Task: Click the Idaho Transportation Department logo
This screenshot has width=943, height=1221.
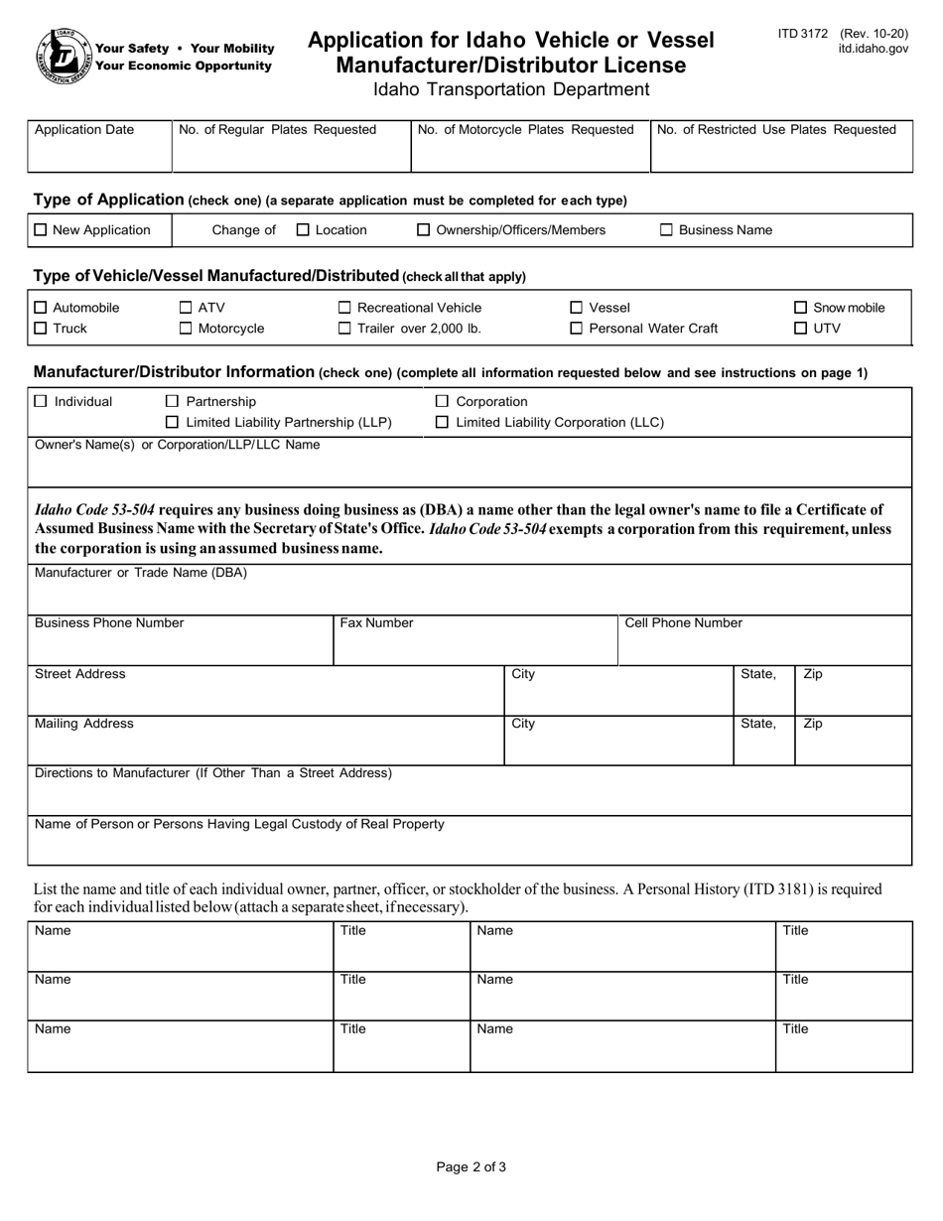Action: click(x=62, y=56)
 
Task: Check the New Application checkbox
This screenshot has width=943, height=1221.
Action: click(x=40, y=230)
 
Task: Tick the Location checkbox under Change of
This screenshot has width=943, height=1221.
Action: click(x=303, y=230)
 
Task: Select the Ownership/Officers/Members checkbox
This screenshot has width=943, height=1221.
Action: click(x=424, y=230)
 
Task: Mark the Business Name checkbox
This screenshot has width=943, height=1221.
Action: click(x=667, y=230)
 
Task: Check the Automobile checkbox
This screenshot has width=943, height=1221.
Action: click(x=40, y=308)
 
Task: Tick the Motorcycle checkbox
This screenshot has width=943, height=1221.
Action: click(x=186, y=329)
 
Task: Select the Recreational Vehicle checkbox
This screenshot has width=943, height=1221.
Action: click(x=345, y=308)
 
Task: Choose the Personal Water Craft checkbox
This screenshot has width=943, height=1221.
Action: click(x=577, y=329)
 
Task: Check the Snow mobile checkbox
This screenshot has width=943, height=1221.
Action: click(x=801, y=308)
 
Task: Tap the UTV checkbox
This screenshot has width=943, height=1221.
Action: click(x=801, y=329)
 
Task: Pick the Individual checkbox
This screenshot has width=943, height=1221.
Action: click(x=40, y=401)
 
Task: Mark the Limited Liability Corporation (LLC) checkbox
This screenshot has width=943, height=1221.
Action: click(x=443, y=423)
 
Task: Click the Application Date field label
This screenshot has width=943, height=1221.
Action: click(x=84, y=130)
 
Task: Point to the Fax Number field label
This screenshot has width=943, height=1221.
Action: click(x=377, y=623)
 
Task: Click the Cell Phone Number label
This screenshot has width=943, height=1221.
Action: click(x=683, y=623)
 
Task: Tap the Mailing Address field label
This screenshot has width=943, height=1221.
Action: click(x=83, y=724)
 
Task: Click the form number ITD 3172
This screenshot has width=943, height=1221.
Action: click(x=802, y=34)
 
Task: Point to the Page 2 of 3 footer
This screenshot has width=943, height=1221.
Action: click(x=471, y=1167)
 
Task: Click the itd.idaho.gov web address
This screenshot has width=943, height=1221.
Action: click(x=873, y=48)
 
